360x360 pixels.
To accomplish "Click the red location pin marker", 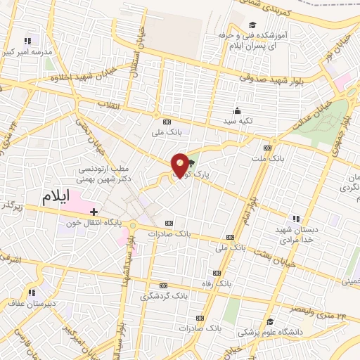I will pyautogui.click(x=181, y=165).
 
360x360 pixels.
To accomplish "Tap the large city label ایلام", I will pyautogui.click(x=57, y=198).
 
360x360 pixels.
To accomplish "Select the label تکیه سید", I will pyautogui.click(x=237, y=122).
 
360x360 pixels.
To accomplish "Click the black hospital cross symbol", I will pyautogui.click(x=92, y=210).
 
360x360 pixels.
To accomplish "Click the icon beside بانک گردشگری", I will pyautogui.click(x=163, y=285).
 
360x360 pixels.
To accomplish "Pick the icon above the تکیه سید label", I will pyautogui.click(x=237, y=110).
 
